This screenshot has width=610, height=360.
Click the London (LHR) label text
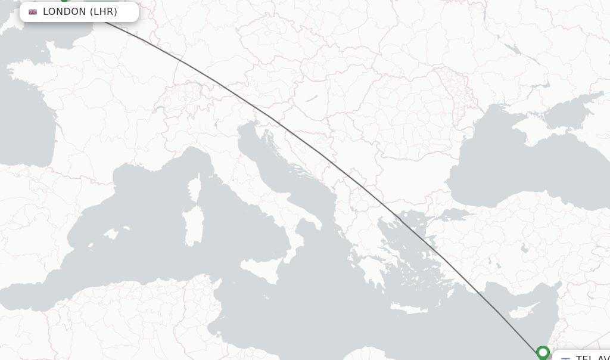[80, 12]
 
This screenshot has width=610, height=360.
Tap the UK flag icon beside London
[33, 12]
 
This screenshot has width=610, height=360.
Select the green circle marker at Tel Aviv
[543, 352]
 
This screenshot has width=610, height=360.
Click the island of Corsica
[195, 188]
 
